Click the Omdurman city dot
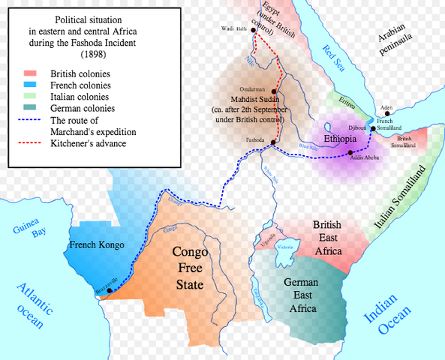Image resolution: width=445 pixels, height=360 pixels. click(274, 91)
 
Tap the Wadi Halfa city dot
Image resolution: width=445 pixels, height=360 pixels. click(254, 30)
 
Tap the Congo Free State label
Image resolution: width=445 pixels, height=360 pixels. click(189, 268)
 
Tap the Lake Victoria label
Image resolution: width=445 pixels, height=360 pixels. click(286, 245)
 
